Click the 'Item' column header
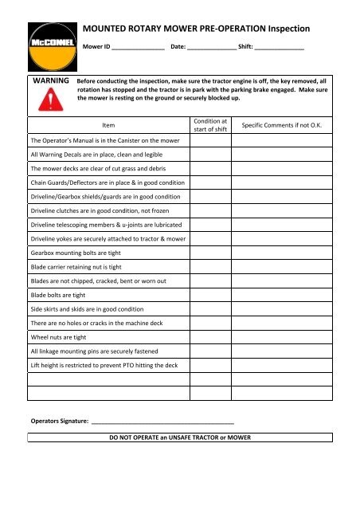tap(108, 126)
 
